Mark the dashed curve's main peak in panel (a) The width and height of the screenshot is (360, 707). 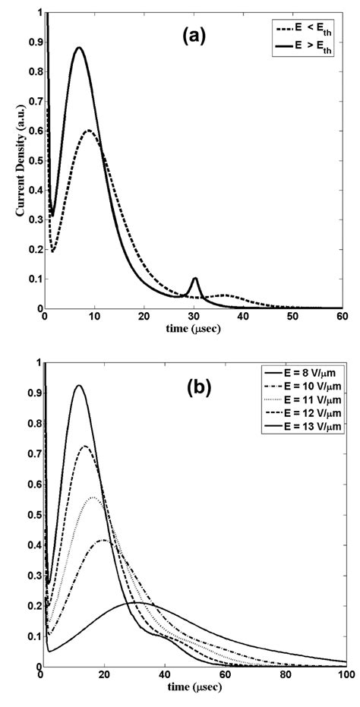[89, 131]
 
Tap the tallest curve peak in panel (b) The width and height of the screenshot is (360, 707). [78, 386]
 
